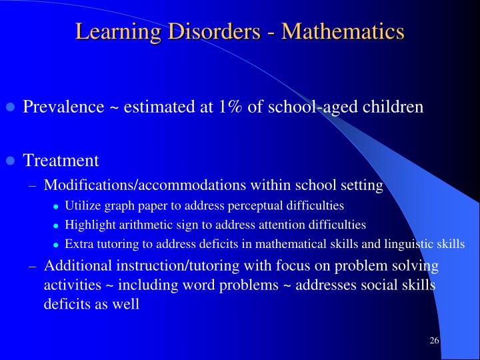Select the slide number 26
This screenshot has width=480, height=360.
tap(434, 341)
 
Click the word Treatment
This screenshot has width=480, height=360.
tap(61, 161)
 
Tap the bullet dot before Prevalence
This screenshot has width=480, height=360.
tap(10, 107)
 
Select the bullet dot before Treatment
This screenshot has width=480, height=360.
tap(10, 161)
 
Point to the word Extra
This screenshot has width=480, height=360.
tap(77, 244)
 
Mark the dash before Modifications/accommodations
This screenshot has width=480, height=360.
tap(33, 185)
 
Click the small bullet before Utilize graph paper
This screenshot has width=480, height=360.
tap(56, 206)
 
